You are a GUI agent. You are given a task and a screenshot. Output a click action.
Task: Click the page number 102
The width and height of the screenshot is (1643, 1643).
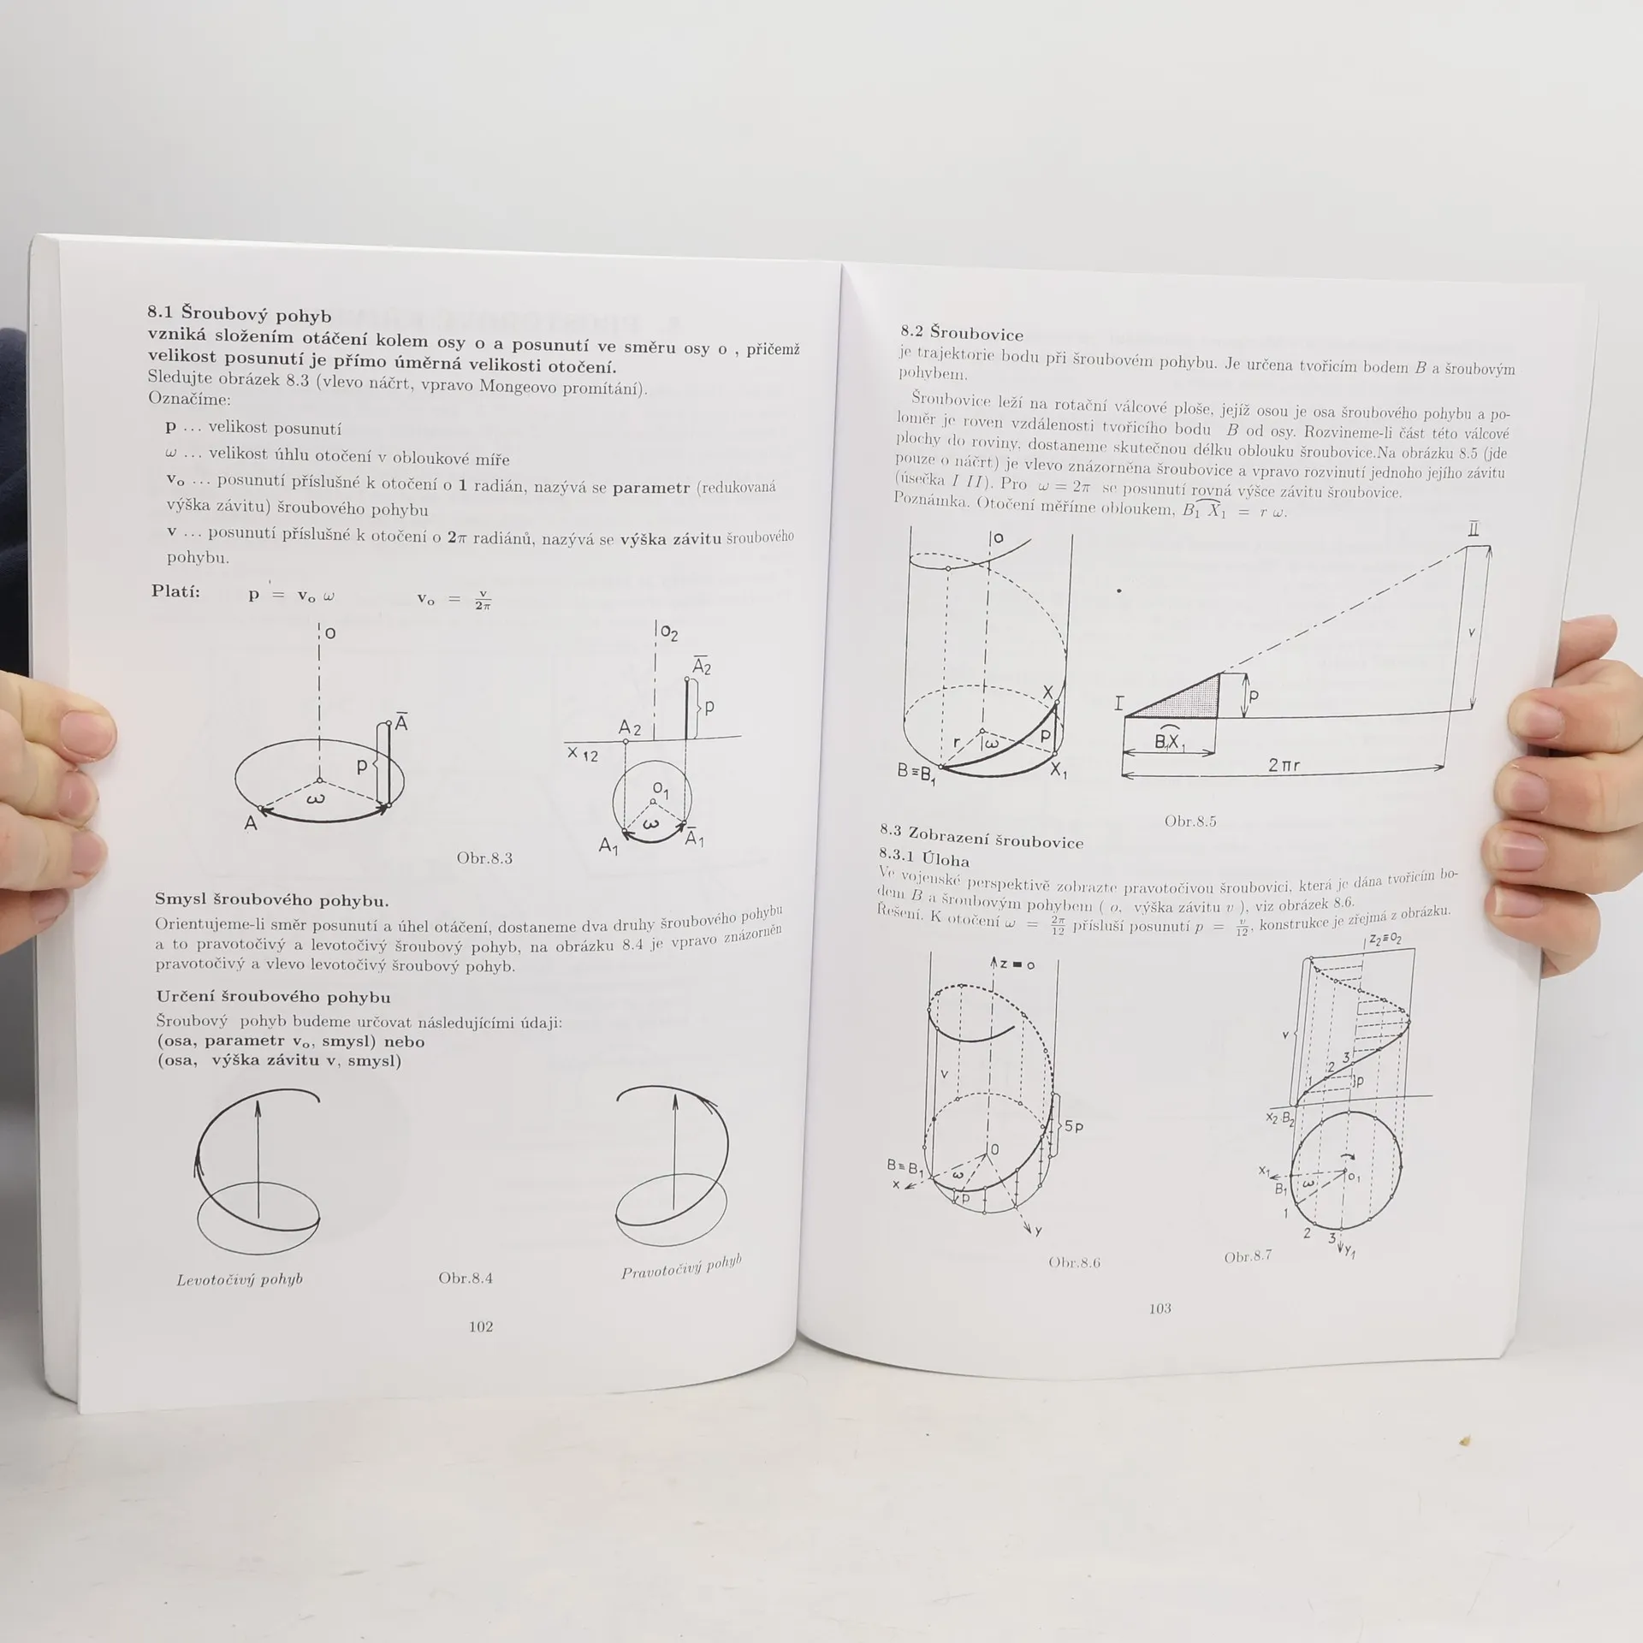[481, 1326]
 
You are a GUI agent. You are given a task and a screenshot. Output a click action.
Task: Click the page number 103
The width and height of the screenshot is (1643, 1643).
[1160, 1308]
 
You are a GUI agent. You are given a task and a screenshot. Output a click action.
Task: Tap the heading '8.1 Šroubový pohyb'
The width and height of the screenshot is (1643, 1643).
[240, 313]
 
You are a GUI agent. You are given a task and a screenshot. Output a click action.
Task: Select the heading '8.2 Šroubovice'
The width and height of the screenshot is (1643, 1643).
[962, 333]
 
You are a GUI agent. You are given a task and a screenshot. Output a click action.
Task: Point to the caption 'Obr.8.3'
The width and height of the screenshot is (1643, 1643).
[484, 858]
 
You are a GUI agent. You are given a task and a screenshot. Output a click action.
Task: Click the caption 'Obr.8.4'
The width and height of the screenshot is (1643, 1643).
[466, 1278]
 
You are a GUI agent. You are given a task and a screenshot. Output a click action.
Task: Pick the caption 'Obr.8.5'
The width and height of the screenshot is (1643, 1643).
[1190, 821]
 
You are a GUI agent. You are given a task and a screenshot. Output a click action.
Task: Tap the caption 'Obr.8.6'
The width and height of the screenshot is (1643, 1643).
[1074, 1262]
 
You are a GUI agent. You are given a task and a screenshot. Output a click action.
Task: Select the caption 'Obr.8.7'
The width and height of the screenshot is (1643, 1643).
[1248, 1257]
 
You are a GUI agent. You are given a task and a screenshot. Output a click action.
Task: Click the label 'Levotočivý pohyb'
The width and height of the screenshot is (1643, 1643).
[240, 1280]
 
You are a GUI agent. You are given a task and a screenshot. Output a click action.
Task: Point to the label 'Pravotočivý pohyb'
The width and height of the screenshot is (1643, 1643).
[681, 1267]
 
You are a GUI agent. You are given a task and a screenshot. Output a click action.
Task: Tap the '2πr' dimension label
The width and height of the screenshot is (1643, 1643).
[1284, 765]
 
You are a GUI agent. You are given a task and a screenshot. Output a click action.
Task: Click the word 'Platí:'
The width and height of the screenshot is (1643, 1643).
[175, 590]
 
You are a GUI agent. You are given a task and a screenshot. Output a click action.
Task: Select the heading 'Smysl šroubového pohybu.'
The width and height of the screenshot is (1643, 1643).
[271, 899]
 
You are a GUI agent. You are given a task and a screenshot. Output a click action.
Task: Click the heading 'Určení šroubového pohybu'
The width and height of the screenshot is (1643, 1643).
[273, 997]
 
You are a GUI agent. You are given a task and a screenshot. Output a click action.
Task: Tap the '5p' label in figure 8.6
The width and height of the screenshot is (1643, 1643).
[1074, 1126]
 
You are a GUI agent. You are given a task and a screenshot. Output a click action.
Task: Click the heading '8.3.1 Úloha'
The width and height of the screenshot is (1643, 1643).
[923, 857]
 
